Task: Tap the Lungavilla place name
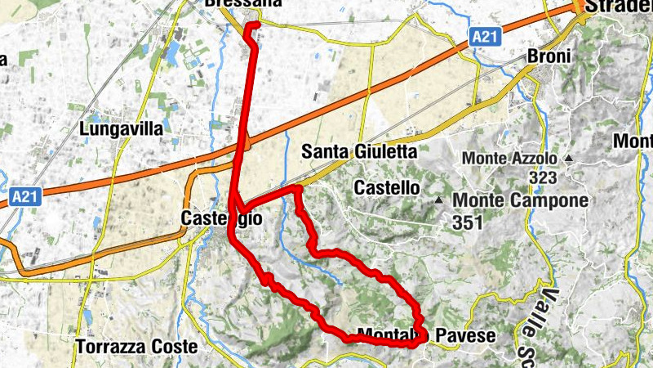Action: [122, 128]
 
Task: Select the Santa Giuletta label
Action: [359, 151]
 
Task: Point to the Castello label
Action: [386, 188]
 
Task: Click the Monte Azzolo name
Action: [509, 158]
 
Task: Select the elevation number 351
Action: [468, 222]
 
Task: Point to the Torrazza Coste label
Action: [137, 347]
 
